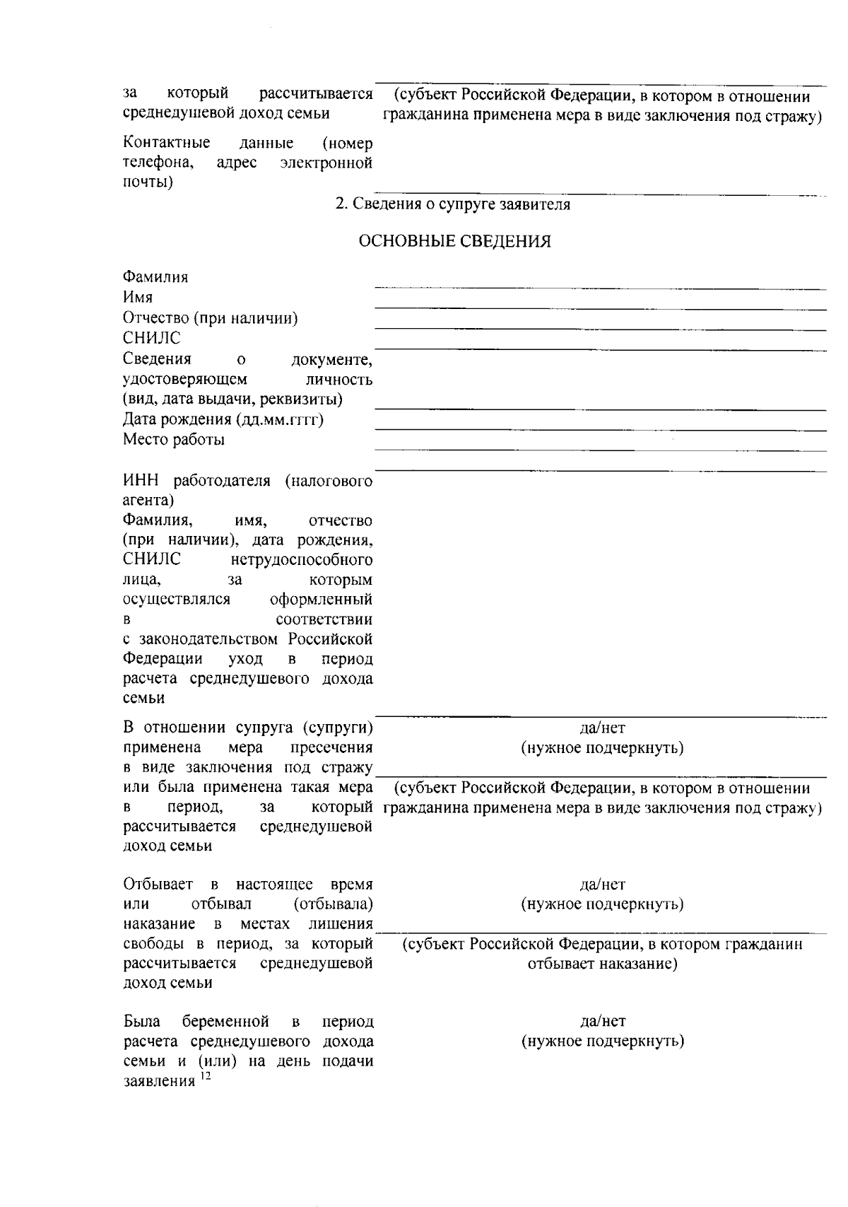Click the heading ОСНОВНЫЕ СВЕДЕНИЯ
pyautogui.click(x=455, y=242)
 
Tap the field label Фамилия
pyautogui.click(x=155, y=276)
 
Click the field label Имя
pyautogui.click(x=138, y=297)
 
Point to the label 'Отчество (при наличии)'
pyautogui.click(x=210, y=317)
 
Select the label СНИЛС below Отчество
pyautogui.click(x=151, y=338)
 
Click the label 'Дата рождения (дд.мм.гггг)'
pyautogui.click(x=223, y=419)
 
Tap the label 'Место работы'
pyautogui.click(x=174, y=440)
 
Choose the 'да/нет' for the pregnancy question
pyautogui.click(x=602, y=1021)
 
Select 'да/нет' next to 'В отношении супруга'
pyautogui.click(x=602, y=728)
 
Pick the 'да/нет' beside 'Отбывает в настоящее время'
pyautogui.click(x=602, y=884)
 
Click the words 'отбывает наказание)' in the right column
pyautogui.click(x=602, y=964)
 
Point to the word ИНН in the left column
pyautogui.click(x=139, y=482)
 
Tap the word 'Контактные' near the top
pyautogui.click(x=166, y=144)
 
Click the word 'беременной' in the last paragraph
pyautogui.click(x=225, y=1021)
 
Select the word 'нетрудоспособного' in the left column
pyautogui.click(x=302, y=560)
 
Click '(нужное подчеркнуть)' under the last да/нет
pyautogui.click(x=602, y=1041)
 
